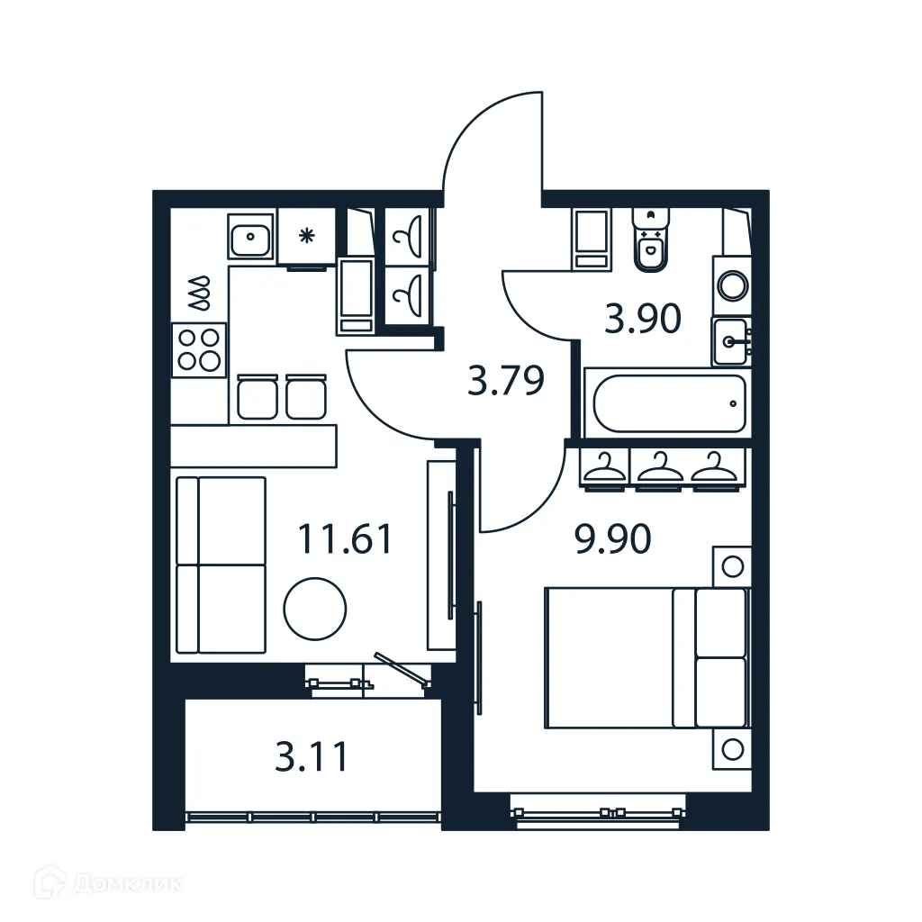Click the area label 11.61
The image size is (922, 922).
(x=345, y=539)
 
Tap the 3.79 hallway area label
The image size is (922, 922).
(x=506, y=380)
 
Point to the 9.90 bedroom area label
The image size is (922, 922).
(x=612, y=539)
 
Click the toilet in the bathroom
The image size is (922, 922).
(x=650, y=241)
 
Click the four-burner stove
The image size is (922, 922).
(x=199, y=348)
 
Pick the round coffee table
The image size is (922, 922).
(x=315, y=610)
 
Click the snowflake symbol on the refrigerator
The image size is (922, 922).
(x=306, y=237)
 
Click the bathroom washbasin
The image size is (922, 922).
(x=731, y=341)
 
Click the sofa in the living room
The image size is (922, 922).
(x=221, y=565)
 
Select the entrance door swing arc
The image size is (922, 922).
(x=486, y=135)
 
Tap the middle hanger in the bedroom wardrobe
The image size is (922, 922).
(x=661, y=467)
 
